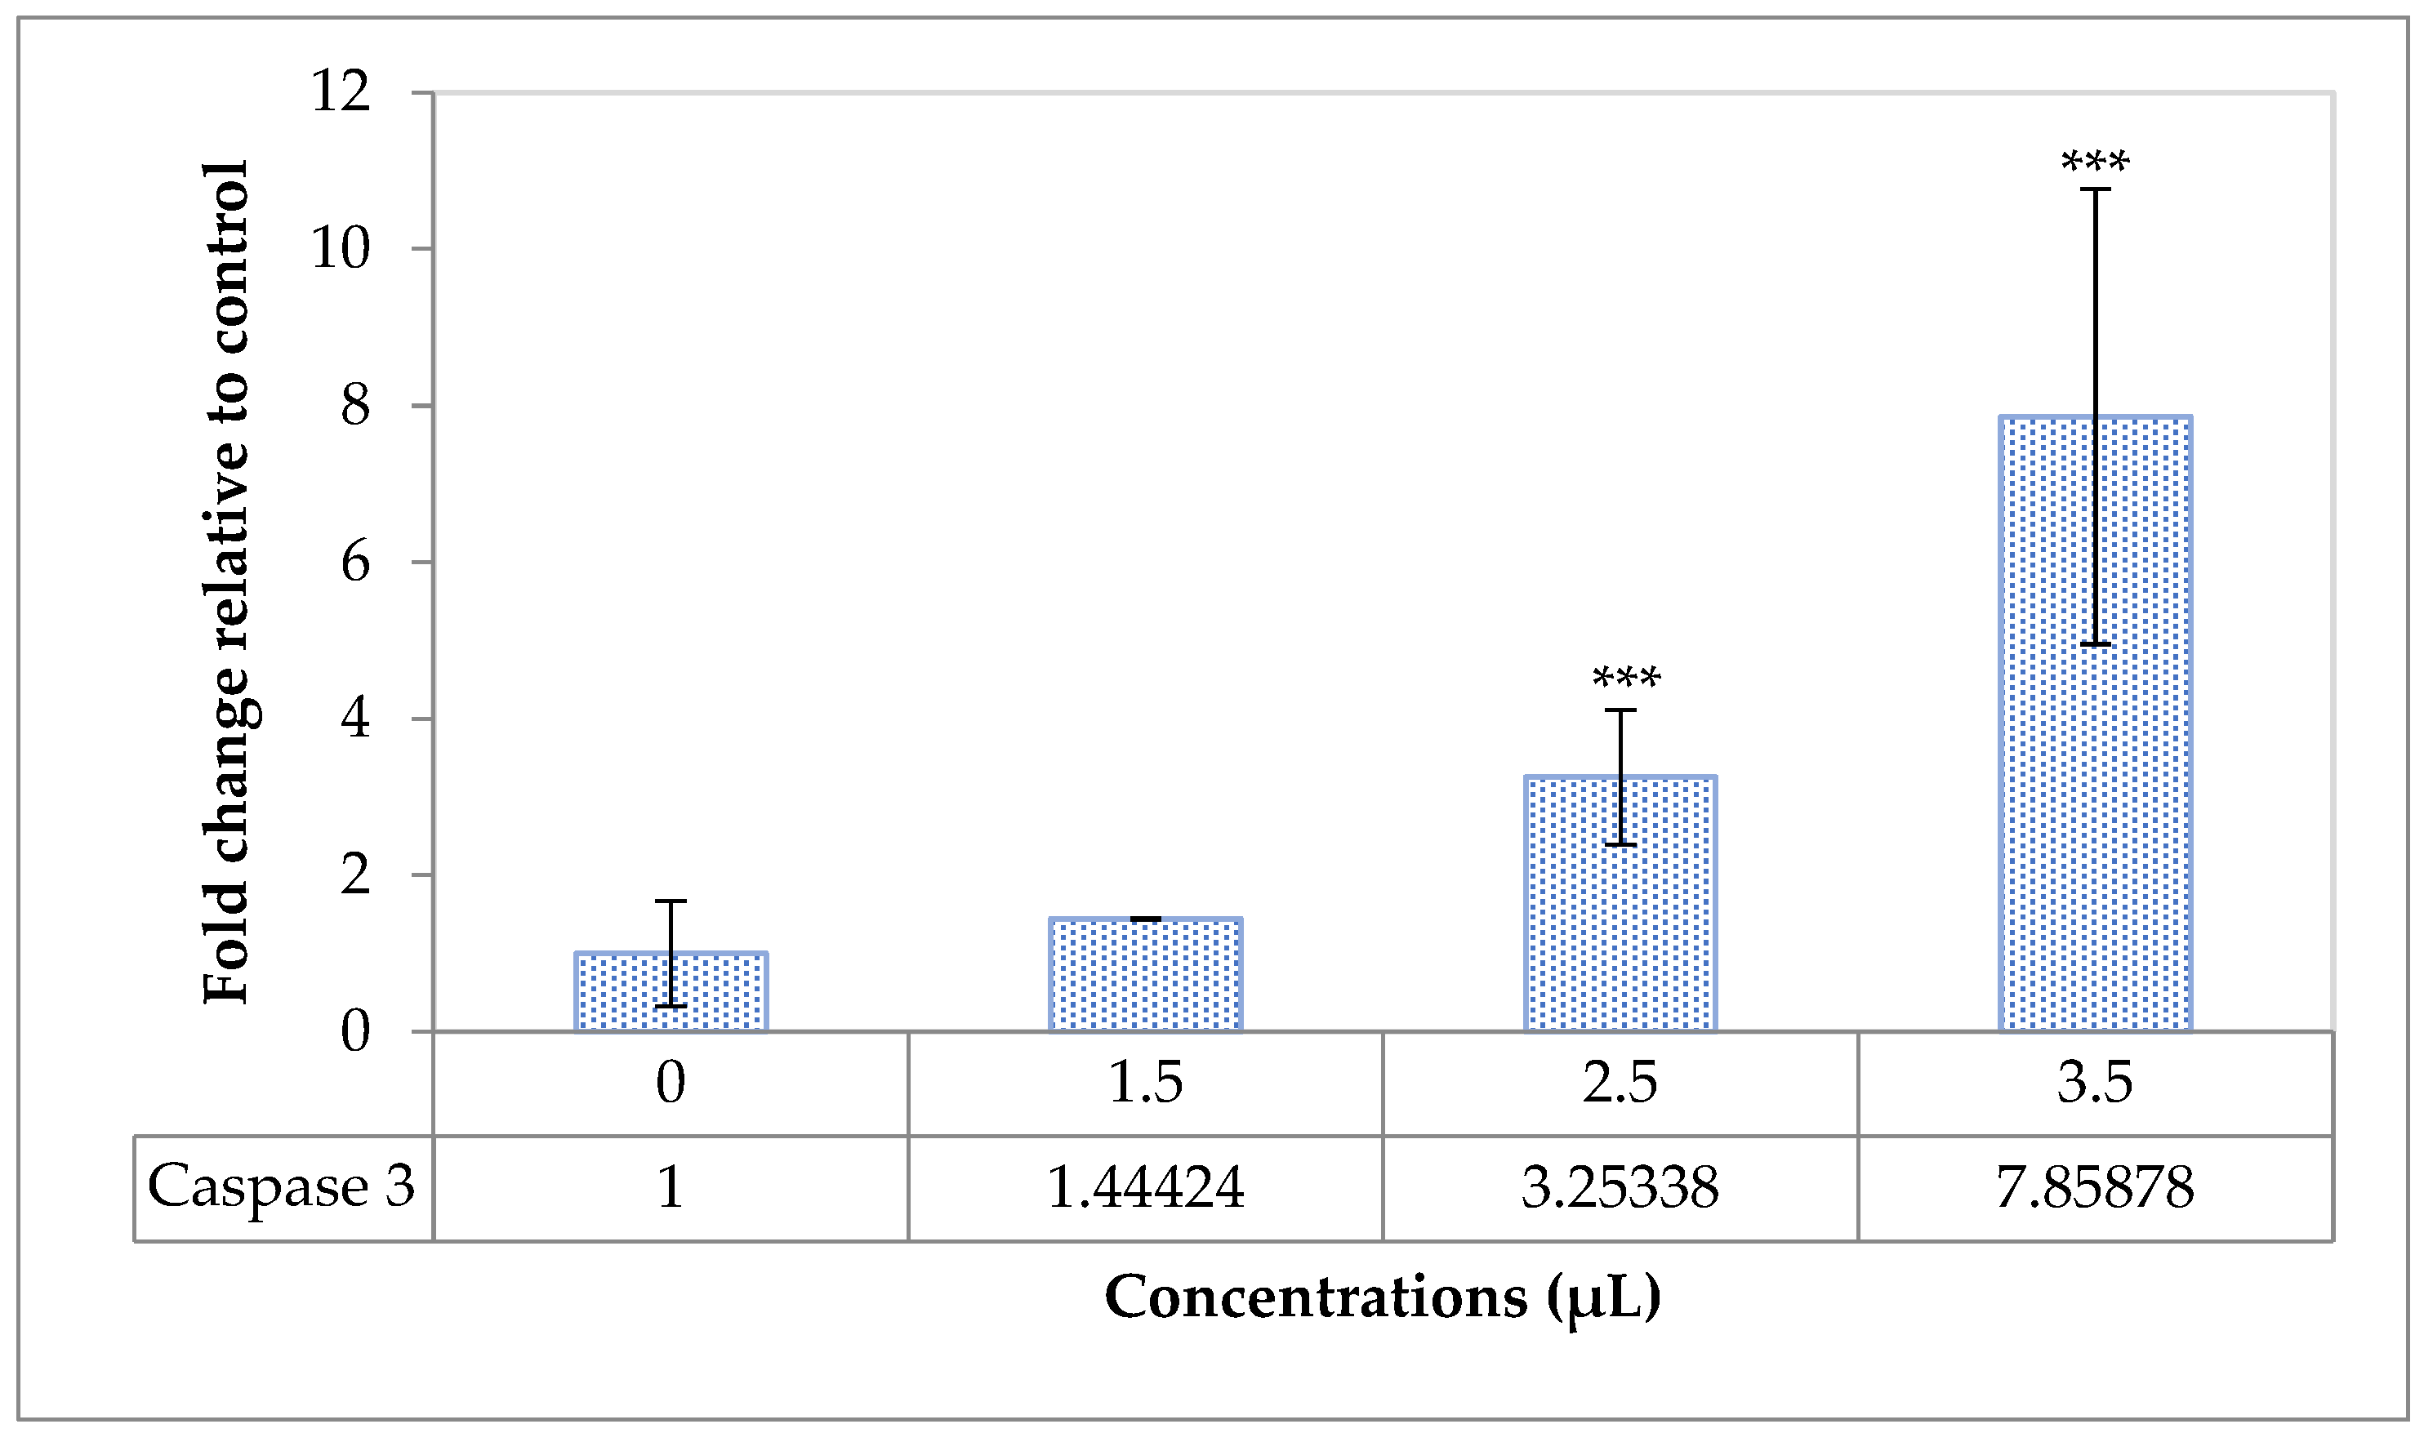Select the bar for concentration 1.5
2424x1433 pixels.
click(x=1145, y=975)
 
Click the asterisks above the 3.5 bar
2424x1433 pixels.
click(x=2095, y=162)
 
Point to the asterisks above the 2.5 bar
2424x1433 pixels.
click(x=1626, y=678)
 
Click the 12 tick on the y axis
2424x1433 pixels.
click(x=341, y=93)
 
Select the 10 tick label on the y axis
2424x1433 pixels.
click(x=340, y=249)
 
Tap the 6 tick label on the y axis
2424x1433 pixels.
click(x=354, y=562)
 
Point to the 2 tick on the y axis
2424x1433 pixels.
click(x=354, y=874)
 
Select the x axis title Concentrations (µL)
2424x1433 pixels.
click(x=1382, y=1296)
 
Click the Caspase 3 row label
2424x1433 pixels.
click(x=281, y=1186)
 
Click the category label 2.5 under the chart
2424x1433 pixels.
click(x=1620, y=1082)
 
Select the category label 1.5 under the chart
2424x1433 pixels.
click(x=1145, y=1082)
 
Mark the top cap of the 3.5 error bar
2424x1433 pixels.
click(x=2095, y=189)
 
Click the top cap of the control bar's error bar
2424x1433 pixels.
click(x=671, y=901)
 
